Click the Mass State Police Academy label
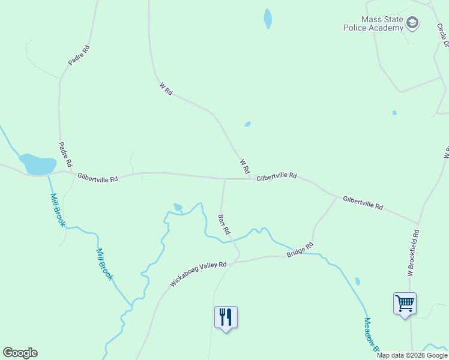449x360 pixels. tap(373, 23)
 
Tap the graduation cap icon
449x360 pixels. tap(412, 23)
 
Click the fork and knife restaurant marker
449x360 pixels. tap(226, 317)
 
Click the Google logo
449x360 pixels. tap(20, 353)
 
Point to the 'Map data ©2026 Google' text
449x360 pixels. tap(412, 355)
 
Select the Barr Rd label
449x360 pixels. tap(224, 224)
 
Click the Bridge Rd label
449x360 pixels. tap(300, 250)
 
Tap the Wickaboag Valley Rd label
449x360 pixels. tap(197, 274)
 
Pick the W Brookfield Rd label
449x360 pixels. tap(413, 253)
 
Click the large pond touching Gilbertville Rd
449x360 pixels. tap(37, 164)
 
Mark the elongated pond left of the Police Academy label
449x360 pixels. tap(268, 18)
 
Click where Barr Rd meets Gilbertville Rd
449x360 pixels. tap(224, 179)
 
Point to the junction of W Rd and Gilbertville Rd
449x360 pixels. tap(251, 179)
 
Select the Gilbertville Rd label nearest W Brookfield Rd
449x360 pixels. tap(363, 202)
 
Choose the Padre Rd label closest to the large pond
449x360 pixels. tap(65, 154)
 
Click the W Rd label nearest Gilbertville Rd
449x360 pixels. tap(244, 166)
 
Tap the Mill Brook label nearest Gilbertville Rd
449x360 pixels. tap(58, 209)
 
